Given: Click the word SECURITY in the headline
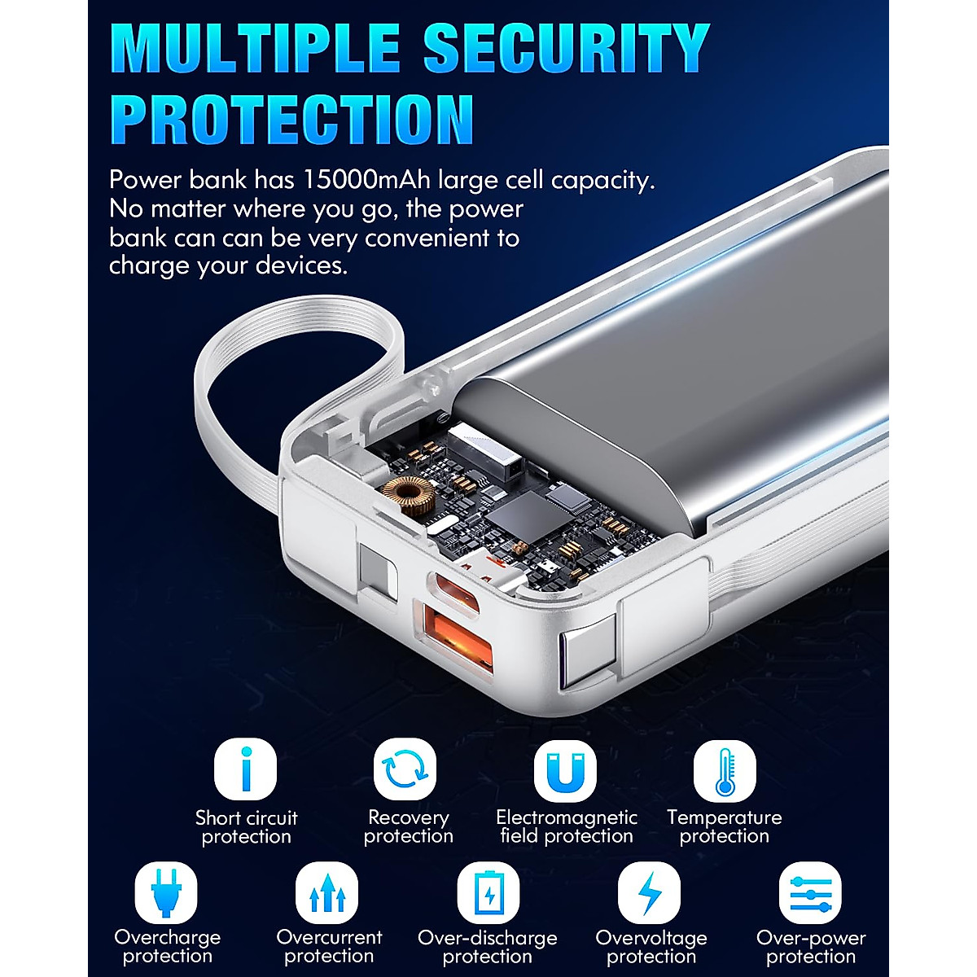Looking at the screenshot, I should [567, 49].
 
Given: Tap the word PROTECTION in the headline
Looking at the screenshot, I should [291, 120].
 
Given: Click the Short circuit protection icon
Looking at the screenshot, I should [245, 769].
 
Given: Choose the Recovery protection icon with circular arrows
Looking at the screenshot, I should [405, 769].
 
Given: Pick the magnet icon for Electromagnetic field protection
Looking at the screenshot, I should [565, 769].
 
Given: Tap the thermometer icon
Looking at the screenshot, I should [725, 769].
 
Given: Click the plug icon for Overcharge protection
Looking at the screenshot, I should [166, 892].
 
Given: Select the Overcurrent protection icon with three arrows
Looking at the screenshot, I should [326, 892].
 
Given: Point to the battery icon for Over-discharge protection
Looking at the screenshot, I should [488, 892].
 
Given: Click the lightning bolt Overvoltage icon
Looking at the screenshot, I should [649, 892].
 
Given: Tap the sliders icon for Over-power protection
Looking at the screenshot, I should [810, 892].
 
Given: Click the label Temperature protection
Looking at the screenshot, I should [724, 826].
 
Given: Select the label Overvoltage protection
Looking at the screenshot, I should [651, 947].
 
